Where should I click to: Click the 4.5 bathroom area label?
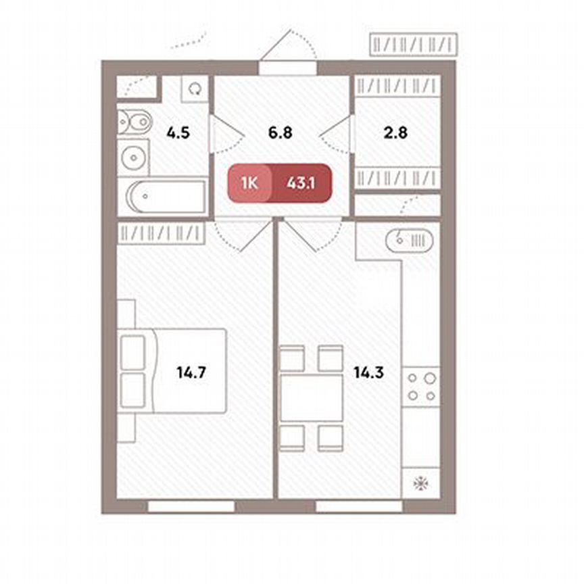[178, 132]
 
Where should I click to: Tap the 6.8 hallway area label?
[279, 132]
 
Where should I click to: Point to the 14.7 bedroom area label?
[191, 371]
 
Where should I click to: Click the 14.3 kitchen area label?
[368, 371]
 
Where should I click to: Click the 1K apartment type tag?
[248, 183]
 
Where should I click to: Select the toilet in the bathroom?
[135, 122]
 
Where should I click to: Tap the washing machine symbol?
[195, 89]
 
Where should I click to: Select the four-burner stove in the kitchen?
[420, 386]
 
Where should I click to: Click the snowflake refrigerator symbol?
[420, 484]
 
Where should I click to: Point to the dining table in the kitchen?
[312, 397]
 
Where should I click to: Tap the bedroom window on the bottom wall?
[191, 506]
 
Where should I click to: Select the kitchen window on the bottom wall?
[354, 506]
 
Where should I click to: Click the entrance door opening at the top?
[288, 68]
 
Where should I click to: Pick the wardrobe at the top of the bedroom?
[160, 233]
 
